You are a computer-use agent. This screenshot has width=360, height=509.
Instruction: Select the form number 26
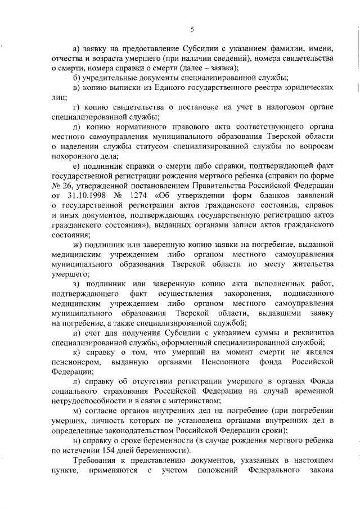65,185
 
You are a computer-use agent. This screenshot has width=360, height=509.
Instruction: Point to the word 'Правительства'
221,185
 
